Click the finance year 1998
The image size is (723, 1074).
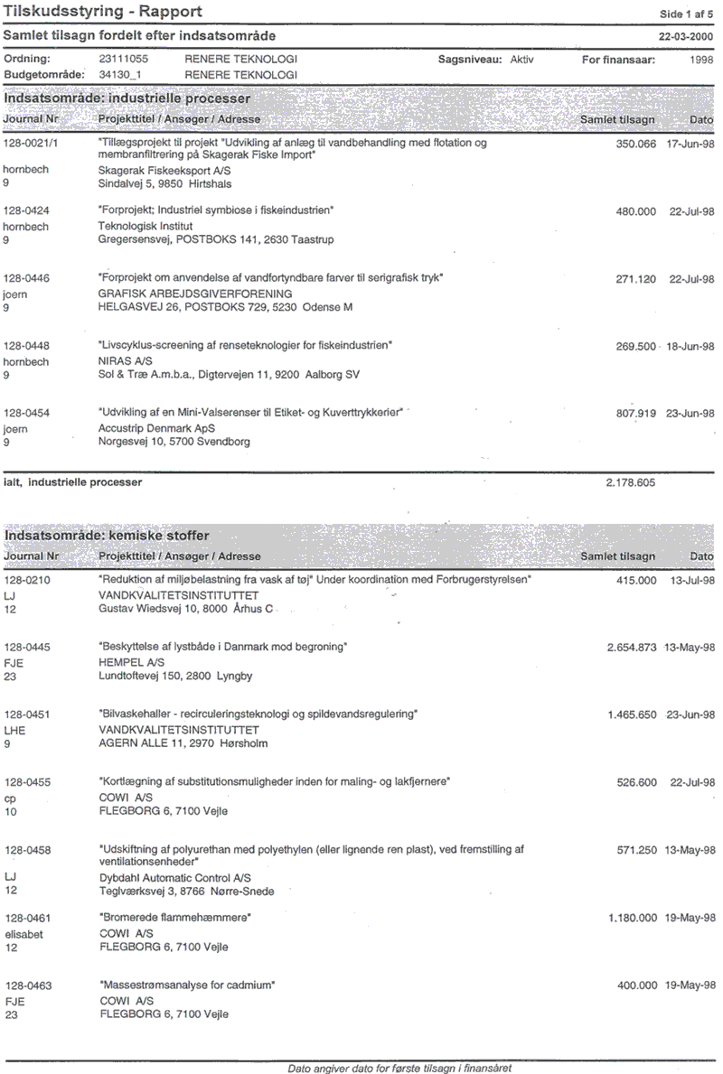pos(700,60)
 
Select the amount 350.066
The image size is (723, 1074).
pos(635,144)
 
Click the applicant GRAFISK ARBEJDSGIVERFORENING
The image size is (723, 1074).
pos(194,294)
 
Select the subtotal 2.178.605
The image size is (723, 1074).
pos(630,483)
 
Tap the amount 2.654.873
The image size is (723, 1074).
pos(632,648)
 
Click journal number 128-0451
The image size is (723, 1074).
pos(27,714)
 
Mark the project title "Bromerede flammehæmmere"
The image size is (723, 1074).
pos(174,917)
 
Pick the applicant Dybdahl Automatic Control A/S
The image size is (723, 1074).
pos(174,878)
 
